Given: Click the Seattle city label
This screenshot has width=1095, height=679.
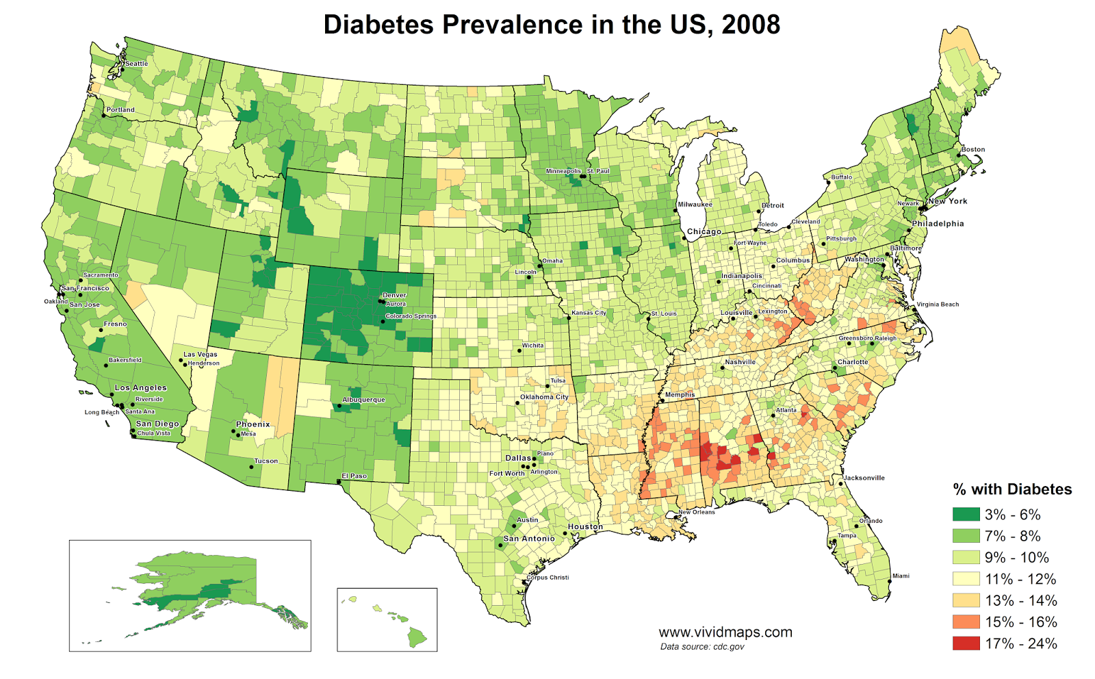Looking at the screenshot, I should click(136, 64).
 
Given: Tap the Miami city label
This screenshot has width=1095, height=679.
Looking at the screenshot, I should click(901, 576).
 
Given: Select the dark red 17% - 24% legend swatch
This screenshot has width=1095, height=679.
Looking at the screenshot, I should click(966, 643).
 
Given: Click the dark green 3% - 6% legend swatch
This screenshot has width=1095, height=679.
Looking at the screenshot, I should click(966, 514).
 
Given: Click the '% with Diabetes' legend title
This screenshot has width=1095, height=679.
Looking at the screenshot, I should click(1012, 489).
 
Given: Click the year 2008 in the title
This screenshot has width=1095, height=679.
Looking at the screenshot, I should click(751, 25).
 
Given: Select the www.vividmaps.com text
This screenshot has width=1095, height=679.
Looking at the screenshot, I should click(725, 632).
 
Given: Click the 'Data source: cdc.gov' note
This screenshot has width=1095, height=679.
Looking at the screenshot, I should click(702, 647).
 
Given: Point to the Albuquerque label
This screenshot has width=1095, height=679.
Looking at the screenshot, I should click(363, 400).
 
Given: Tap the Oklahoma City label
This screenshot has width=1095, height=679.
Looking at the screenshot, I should click(544, 397).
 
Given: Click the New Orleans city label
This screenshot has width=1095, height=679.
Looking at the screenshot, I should click(696, 512).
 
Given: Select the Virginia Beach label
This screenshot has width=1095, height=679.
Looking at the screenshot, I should click(938, 305).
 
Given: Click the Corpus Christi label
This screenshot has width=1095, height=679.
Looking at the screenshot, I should click(547, 577).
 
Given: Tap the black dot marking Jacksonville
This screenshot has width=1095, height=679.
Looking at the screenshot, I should click(840, 484).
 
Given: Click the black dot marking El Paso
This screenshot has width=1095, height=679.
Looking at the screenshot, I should click(339, 482).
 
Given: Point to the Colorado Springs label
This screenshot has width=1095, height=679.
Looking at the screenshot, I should click(411, 316).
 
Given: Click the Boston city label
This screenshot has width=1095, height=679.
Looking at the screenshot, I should click(972, 149).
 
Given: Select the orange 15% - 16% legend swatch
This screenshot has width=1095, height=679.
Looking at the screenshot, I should click(966, 622).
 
